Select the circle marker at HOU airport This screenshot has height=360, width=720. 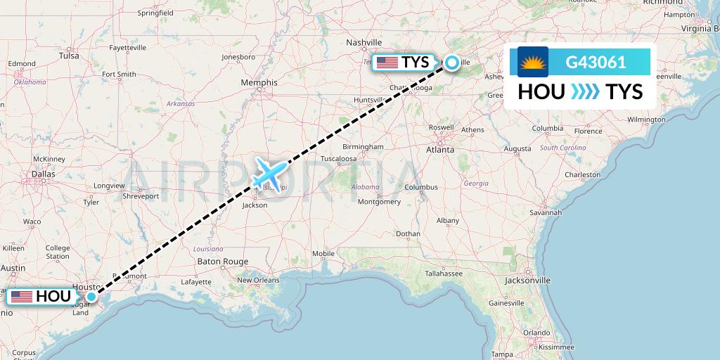pos(91,297)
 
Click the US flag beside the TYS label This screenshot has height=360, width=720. pos(387,63)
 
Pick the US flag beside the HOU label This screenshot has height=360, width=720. pos(22,297)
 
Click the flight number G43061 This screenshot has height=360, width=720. pos(596,62)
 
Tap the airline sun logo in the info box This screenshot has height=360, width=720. pos(532,62)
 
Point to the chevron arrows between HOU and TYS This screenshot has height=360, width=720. pos(585,91)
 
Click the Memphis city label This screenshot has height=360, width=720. pos(259,82)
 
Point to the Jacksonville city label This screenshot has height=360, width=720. pos(527,280)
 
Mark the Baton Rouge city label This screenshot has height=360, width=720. pos(223,262)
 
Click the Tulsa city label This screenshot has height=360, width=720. pos(69,56)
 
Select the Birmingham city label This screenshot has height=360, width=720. pos(364,147)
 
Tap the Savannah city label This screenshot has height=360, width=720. pos(546,212)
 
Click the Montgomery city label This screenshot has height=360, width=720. pos(379,202)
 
